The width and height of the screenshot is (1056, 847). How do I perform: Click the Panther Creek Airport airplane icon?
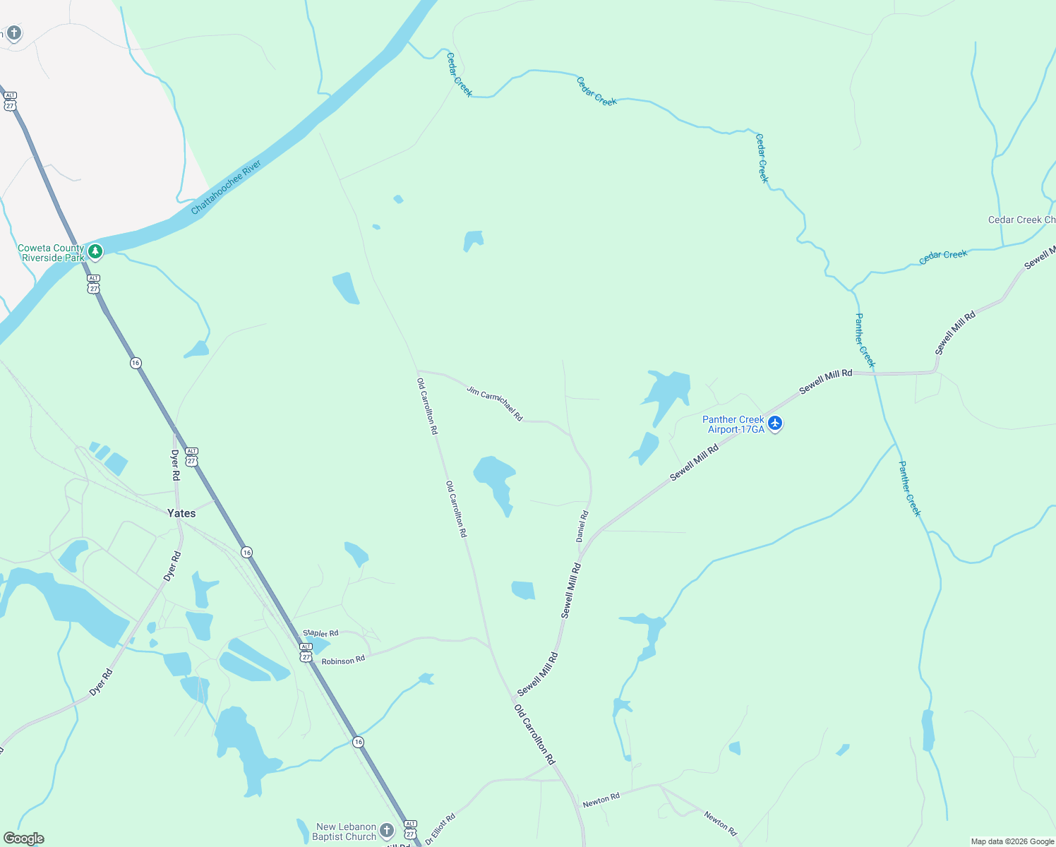coord(775,423)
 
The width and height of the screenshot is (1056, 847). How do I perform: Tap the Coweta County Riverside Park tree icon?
coord(95,251)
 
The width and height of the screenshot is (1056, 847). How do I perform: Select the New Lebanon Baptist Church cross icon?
coord(387,831)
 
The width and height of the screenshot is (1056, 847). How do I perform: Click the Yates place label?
coord(181,513)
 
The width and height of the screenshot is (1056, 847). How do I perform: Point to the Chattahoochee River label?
coord(226,187)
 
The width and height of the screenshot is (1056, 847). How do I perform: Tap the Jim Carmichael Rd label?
coord(494,403)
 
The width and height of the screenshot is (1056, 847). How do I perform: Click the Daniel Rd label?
coord(582,526)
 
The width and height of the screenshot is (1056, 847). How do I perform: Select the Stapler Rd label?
coord(320,633)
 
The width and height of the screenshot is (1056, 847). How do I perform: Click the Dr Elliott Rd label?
coord(440,830)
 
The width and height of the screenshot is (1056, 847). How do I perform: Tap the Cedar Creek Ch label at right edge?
coord(1021,220)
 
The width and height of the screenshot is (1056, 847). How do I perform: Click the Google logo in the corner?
coord(24,838)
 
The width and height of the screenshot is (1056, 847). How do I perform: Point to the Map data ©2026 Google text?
coord(1012,841)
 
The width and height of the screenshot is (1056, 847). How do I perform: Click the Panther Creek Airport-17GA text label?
coord(733,424)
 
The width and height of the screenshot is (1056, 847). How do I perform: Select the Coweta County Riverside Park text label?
coord(51,253)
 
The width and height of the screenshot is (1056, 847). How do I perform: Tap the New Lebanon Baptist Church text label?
coord(345,831)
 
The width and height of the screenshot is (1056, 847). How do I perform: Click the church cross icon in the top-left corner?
coord(13,33)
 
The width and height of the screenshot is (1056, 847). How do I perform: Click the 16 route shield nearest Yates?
coord(246,552)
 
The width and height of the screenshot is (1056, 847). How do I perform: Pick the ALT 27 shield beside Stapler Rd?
coord(306,652)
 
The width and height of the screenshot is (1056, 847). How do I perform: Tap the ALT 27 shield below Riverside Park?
coord(94,284)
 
